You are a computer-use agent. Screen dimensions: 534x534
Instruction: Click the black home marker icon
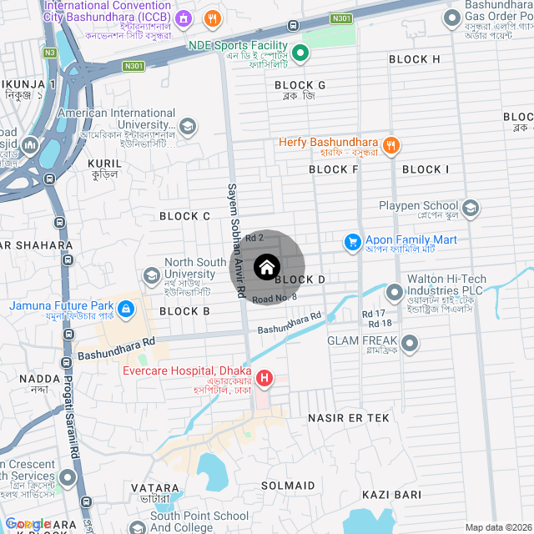pyautogui.click(x=266, y=267)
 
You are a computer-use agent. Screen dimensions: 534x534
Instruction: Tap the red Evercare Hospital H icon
pyautogui.click(x=264, y=379)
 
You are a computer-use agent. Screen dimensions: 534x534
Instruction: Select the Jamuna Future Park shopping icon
pyautogui.click(x=126, y=310)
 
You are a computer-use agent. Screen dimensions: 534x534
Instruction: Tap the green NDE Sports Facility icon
pyautogui.click(x=301, y=53)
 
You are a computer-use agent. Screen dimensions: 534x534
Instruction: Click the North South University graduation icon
pyautogui.click(x=152, y=274)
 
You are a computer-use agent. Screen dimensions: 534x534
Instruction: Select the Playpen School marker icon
pyautogui.click(x=471, y=208)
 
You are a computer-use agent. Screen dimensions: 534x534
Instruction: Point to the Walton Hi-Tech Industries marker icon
pyautogui.click(x=394, y=292)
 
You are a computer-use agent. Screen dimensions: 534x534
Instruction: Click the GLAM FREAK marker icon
pyautogui.click(x=410, y=342)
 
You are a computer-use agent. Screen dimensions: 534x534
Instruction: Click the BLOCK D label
pyautogui.click(x=300, y=280)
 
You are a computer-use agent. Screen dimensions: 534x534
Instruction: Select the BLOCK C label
pyautogui.click(x=184, y=216)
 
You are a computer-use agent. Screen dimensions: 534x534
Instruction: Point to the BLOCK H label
pyautogui.click(x=415, y=59)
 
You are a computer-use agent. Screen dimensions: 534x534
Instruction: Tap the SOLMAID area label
pyautogui.click(x=288, y=486)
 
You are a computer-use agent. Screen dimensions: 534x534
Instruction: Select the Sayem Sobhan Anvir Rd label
pyautogui.click(x=235, y=242)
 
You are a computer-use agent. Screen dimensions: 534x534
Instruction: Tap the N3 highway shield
pyautogui.click(x=50, y=53)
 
